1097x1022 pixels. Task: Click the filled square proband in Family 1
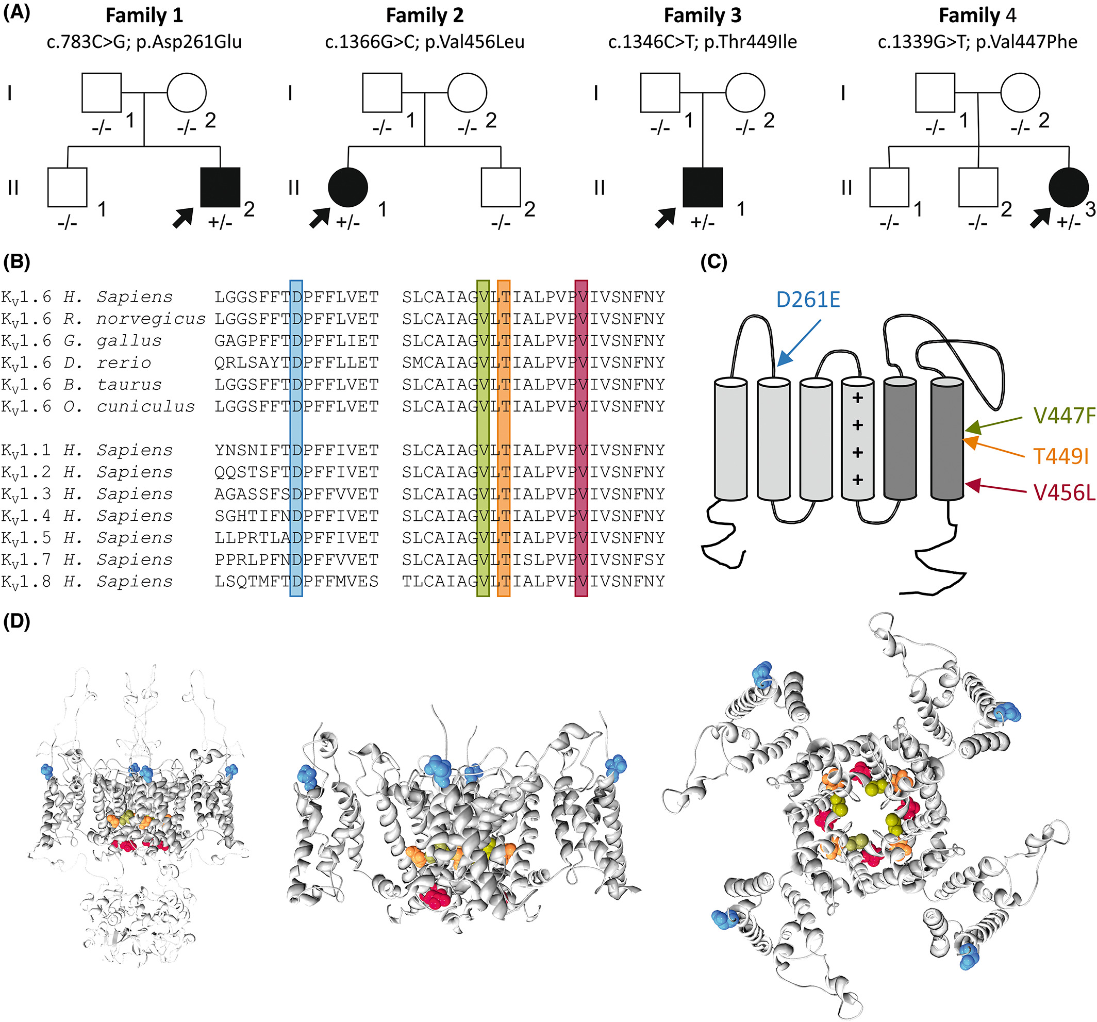(x=220, y=187)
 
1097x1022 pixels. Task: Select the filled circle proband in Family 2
(x=347, y=187)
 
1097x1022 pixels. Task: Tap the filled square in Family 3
(x=702, y=187)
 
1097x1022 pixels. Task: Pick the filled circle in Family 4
(x=1068, y=187)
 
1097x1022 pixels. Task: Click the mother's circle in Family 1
(x=187, y=93)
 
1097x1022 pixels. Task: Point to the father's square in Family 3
(x=660, y=93)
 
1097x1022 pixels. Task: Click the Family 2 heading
(x=424, y=15)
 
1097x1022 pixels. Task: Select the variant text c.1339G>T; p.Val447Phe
(x=977, y=42)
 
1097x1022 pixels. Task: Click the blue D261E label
(x=807, y=300)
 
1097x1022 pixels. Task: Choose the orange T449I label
(x=1060, y=456)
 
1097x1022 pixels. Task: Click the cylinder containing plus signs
(x=857, y=439)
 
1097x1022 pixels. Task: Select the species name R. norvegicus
(x=134, y=319)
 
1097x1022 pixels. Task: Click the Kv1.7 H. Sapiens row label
(x=87, y=559)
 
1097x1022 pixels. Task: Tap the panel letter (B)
(x=16, y=261)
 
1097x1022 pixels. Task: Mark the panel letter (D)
(x=16, y=621)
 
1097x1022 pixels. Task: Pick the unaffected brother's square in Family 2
(x=501, y=187)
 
